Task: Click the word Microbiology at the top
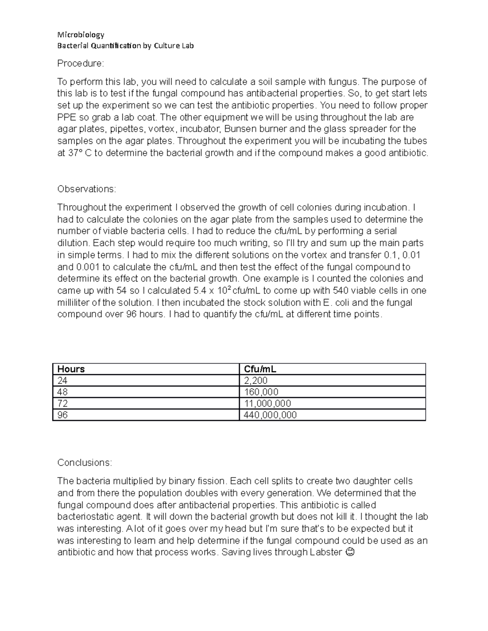(x=81, y=35)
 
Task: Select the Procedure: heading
(x=81, y=63)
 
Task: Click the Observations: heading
(x=87, y=189)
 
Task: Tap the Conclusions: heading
(x=84, y=462)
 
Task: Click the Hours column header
(x=71, y=369)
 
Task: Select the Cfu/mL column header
(x=260, y=369)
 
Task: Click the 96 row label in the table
(x=63, y=415)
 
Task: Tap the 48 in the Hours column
(x=63, y=392)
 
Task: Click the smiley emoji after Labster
(x=349, y=553)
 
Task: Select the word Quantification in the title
(x=115, y=46)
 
